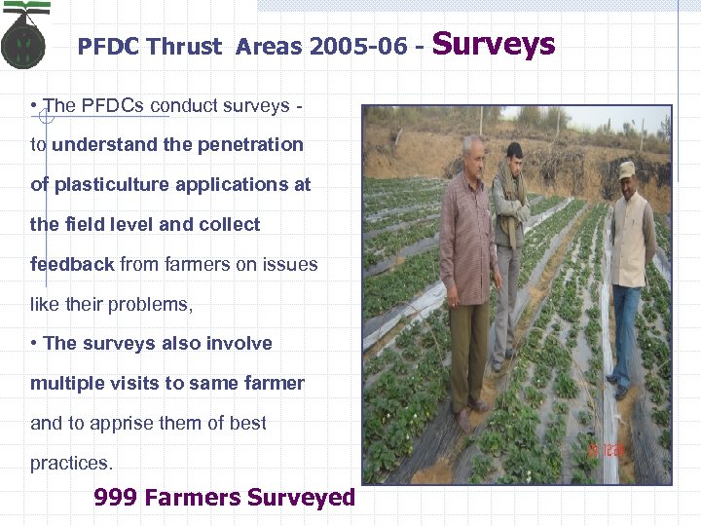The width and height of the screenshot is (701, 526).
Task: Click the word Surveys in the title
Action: [x=493, y=44]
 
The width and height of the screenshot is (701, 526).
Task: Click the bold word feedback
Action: [x=72, y=264]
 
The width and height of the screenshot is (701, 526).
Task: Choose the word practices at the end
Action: [x=71, y=463]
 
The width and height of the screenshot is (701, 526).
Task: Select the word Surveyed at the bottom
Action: [x=301, y=498]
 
